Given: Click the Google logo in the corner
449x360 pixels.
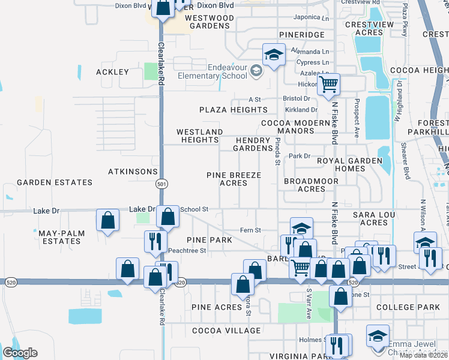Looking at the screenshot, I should click(x=20, y=353).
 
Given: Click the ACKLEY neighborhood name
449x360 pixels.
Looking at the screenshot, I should click(x=112, y=72).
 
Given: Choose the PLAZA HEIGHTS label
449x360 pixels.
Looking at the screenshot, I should click(x=234, y=110).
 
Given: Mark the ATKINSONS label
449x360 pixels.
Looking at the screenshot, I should click(x=132, y=172).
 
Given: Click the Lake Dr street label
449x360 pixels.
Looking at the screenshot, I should click(x=46, y=211).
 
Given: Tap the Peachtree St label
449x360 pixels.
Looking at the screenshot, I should click(x=187, y=250).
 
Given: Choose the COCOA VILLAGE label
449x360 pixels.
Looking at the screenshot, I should click(x=226, y=331).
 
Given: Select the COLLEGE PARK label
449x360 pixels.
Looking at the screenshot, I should click(x=408, y=307).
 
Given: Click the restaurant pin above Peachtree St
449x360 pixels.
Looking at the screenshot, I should click(x=155, y=241).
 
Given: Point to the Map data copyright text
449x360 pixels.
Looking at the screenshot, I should click(x=423, y=355).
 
